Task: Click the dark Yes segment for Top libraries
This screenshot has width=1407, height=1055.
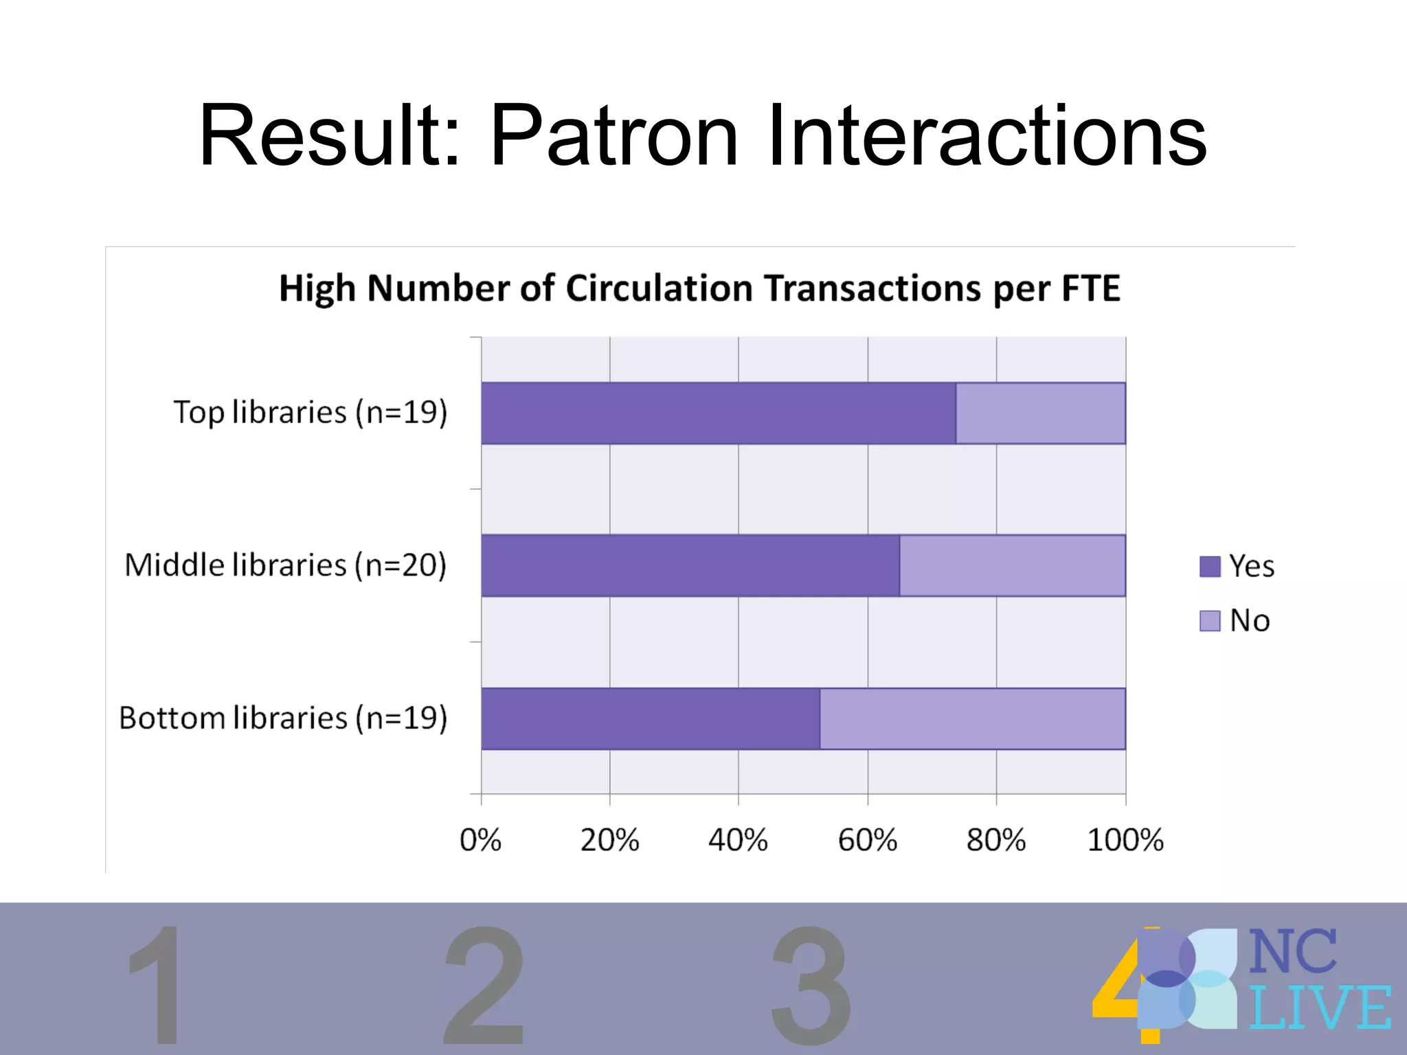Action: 718,413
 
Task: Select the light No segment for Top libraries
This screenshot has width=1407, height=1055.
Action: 1040,413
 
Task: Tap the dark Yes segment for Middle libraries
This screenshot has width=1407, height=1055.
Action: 690,565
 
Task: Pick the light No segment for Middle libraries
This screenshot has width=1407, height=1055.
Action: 1012,565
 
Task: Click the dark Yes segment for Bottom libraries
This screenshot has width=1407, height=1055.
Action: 650,718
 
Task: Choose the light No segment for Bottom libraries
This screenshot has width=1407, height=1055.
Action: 972,718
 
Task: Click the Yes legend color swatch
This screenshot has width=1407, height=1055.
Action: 1210,567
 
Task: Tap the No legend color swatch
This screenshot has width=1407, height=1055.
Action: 1210,621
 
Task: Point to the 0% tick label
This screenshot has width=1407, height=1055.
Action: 480,840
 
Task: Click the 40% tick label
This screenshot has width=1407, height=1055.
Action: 738,840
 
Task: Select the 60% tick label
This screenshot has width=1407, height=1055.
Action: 867,840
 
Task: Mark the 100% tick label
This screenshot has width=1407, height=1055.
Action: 1125,840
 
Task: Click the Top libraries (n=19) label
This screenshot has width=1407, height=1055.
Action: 311,413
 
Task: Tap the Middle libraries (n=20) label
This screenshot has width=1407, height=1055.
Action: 286,565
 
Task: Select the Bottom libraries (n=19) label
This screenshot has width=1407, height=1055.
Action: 283,718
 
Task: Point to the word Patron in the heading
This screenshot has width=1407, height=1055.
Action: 614,135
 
